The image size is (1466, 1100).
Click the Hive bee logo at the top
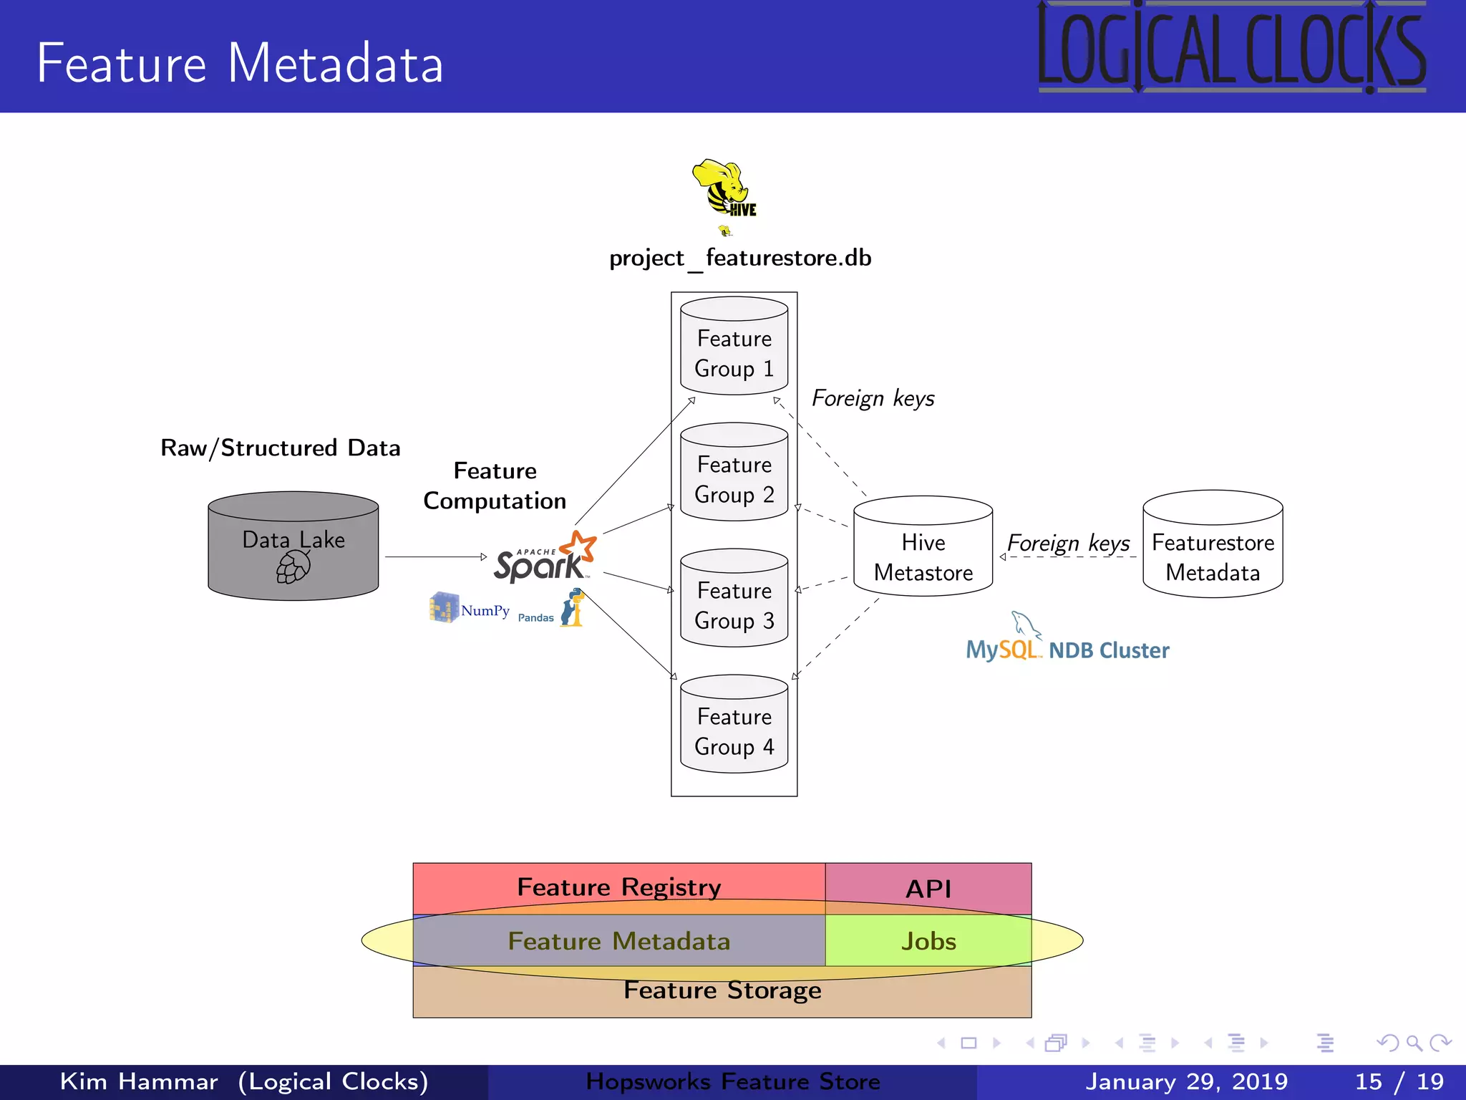point(724,188)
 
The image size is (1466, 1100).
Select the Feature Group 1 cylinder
point(734,345)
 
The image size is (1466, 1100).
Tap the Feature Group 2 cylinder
point(734,471)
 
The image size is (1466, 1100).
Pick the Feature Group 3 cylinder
point(734,597)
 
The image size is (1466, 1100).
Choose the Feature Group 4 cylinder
point(734,723)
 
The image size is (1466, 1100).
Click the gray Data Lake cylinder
point(293,546)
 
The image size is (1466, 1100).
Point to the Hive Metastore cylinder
point(923,546)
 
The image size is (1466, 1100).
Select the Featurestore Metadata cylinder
point(1213,544)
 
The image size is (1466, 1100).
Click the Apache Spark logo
point(545,556)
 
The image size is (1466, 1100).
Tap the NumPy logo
point(470,608)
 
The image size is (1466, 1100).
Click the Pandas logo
point(551,608)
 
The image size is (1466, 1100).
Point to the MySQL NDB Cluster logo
point(1067,637)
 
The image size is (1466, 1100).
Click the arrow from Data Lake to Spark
point(436,556)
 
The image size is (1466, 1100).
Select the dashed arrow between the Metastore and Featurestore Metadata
point(1068,556)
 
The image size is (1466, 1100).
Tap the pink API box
point(928,889)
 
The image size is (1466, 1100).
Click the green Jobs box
point(928,940)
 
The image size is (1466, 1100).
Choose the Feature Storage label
point(722,990)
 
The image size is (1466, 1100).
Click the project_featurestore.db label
point(740,258)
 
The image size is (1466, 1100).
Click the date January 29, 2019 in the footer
point(1186,1081)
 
